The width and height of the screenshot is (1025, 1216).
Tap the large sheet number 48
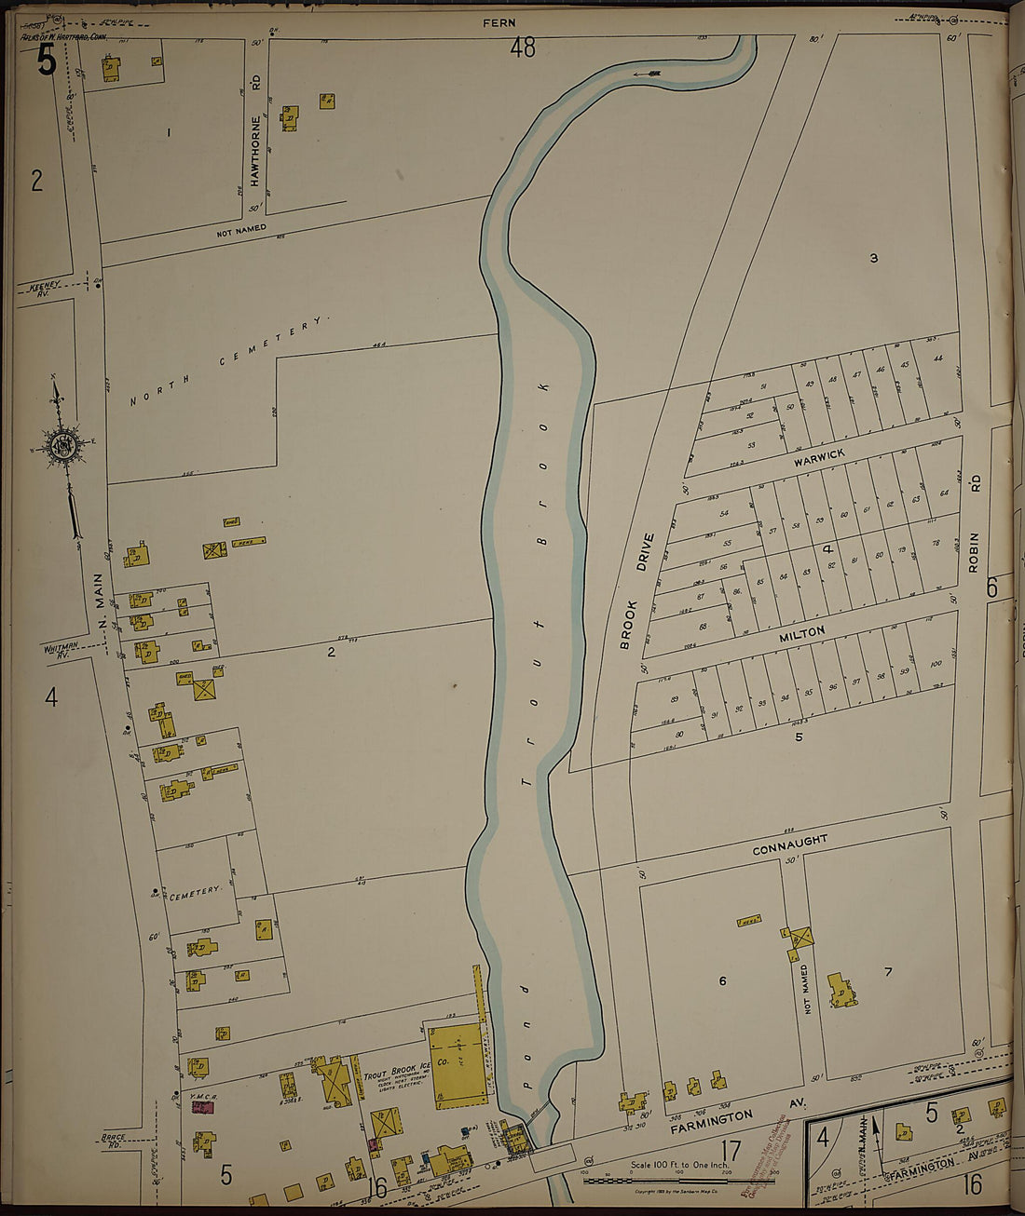coord(523,47)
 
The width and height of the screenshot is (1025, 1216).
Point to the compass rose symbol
coord(64,447)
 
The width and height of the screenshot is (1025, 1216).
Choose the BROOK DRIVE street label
coord(635,590)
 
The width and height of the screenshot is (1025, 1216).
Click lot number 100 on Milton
coord(936,664)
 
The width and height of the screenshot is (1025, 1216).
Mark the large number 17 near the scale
coord(731,1147)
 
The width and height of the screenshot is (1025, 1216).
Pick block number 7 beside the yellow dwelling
coord(888,972)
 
